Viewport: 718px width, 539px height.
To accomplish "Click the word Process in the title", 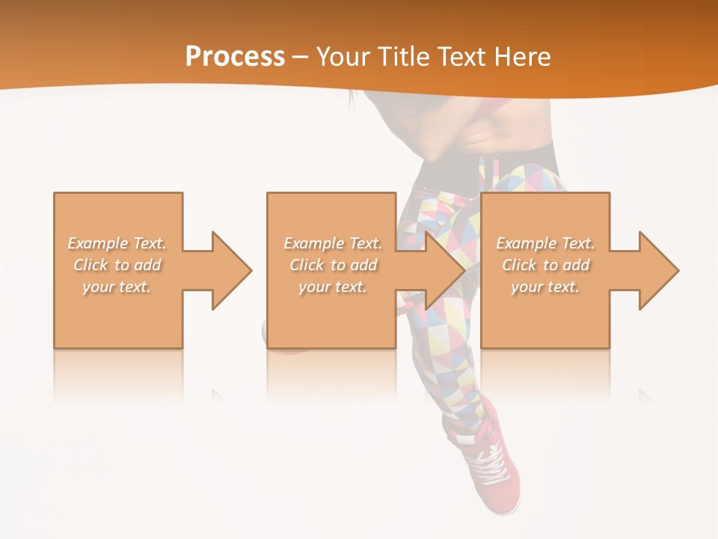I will (235, 57).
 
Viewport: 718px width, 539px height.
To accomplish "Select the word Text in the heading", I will (461, 57).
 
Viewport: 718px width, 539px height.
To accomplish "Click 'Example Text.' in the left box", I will (117, 243).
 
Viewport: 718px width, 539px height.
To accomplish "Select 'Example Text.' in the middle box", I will (333, 243).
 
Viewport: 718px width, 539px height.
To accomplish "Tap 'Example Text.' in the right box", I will (545, 243).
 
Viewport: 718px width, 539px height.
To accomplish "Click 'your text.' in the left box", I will (117, 287).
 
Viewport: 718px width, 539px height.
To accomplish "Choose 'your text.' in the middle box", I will (333, 287).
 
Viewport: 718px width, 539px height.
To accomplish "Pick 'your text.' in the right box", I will (545, 287).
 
